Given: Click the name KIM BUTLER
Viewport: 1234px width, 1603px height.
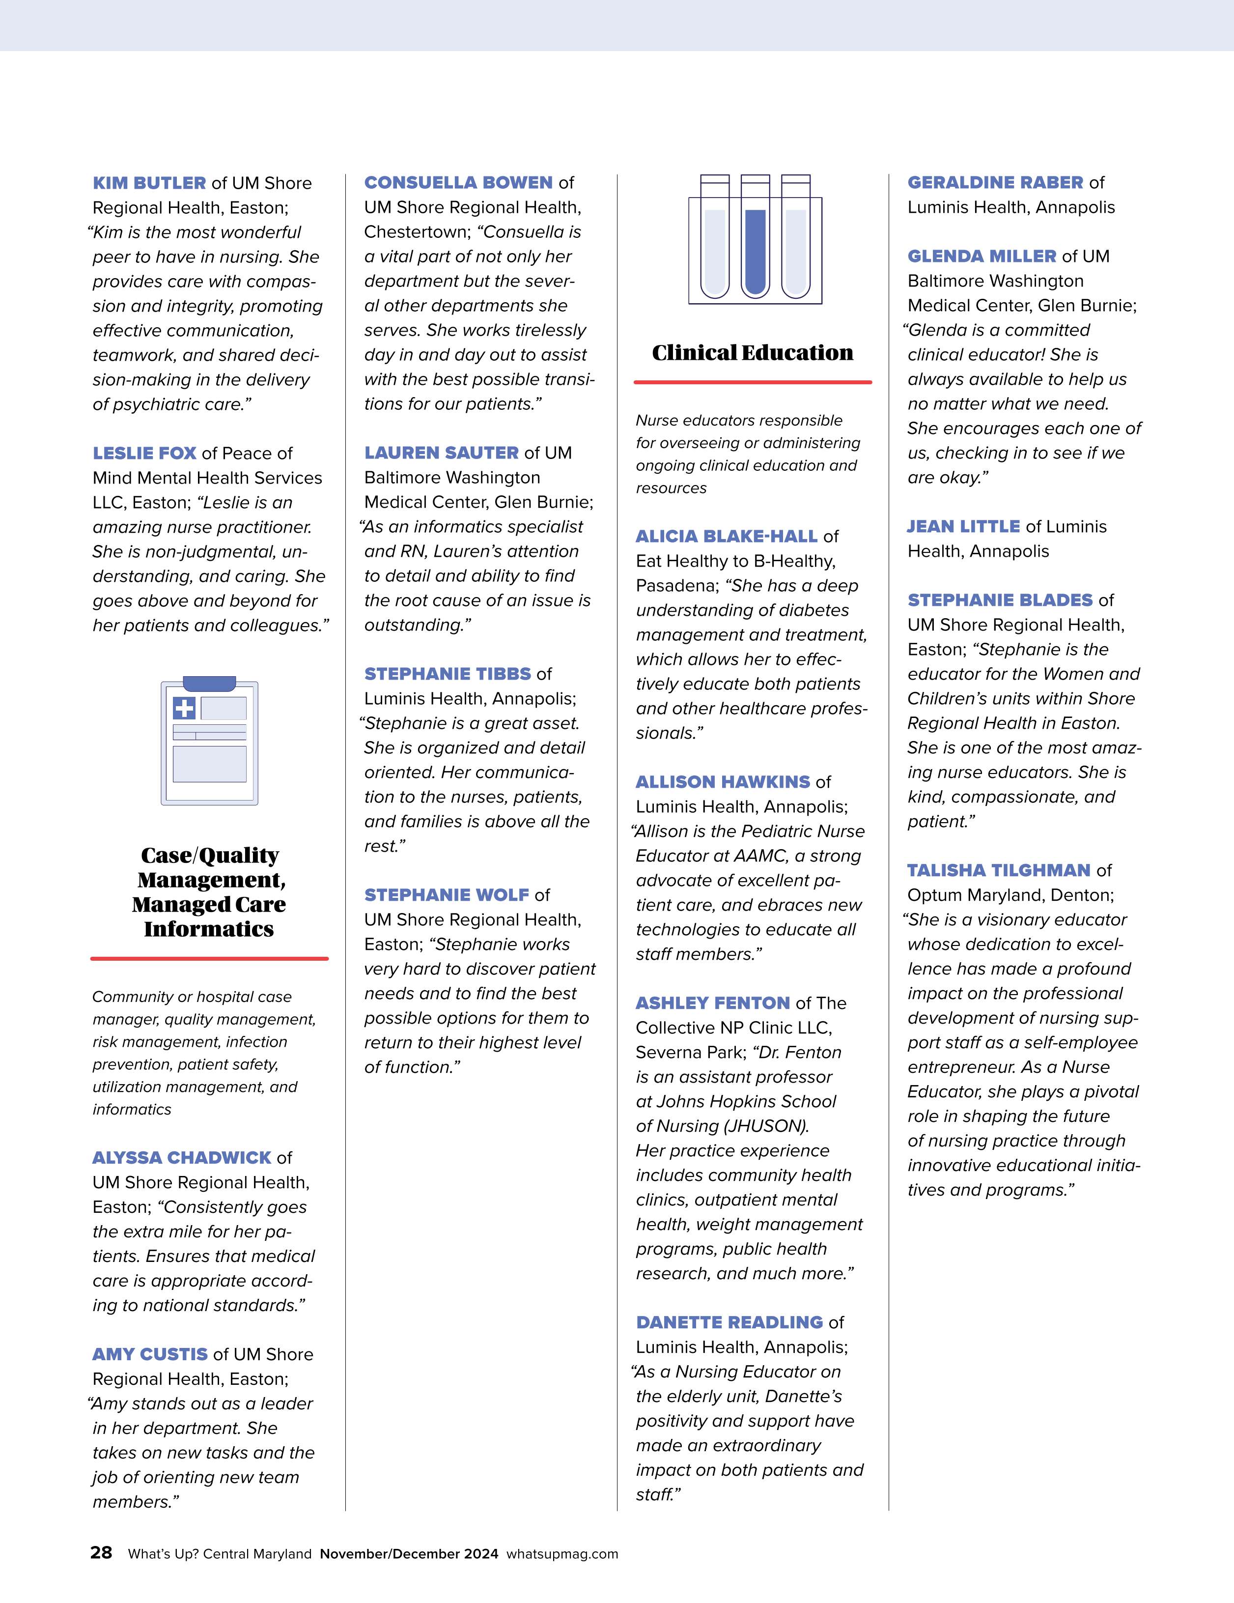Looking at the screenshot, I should (149, 183).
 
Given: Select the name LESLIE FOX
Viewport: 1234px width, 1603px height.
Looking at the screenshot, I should (144, 453).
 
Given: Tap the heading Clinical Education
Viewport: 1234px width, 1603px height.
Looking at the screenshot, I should (752, 353).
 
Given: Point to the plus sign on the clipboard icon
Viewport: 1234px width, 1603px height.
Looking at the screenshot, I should (184, 708).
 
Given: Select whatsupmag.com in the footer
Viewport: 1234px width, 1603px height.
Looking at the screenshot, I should (562, 1554).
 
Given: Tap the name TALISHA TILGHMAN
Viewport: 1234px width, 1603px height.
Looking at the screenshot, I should (999, 870).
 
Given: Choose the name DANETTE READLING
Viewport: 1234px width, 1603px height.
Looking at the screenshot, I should (729, 1322).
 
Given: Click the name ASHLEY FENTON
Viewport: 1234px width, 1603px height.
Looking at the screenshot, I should (712, 1003).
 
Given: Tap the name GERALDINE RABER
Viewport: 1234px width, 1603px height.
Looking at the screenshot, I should (995, 183).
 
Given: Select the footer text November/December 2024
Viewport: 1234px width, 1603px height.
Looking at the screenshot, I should (409, 1554).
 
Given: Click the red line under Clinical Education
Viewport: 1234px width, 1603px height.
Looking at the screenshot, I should (752, 382).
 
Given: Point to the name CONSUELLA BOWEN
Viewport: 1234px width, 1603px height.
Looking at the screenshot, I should (458, 183).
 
